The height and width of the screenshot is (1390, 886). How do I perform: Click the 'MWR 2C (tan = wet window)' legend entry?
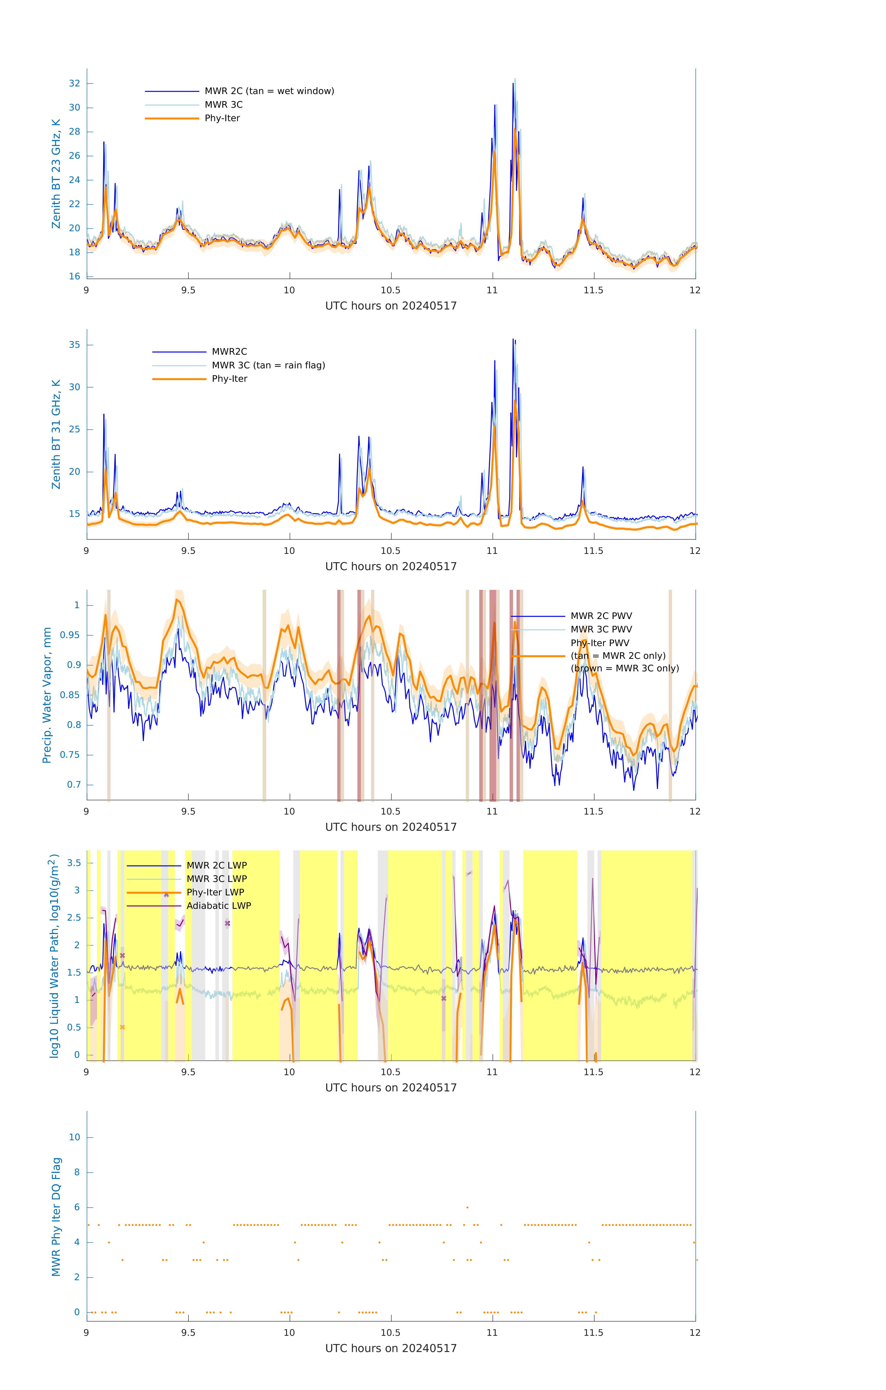(269, 91)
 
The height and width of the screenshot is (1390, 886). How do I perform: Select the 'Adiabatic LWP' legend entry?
(219, 906)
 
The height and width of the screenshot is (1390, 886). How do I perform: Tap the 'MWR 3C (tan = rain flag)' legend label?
(268, 365)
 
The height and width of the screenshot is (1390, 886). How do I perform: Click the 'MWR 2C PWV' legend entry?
(601, 616)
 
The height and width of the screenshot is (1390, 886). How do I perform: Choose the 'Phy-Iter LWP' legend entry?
(215, 892)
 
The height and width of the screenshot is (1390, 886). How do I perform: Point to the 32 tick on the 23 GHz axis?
(74, 83)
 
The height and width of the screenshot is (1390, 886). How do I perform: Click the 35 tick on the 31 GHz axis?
(74, 345)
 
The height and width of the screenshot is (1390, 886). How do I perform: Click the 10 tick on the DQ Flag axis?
(74, 1137)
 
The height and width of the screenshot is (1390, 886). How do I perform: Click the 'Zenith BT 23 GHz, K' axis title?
(56, 174)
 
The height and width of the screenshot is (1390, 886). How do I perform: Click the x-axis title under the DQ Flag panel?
(391, 1349)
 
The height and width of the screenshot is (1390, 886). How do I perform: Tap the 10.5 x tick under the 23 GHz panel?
(391, 290)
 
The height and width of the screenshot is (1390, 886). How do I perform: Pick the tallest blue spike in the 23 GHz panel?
(513, 84)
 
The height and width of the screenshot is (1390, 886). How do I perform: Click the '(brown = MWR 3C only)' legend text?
(624, 668)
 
